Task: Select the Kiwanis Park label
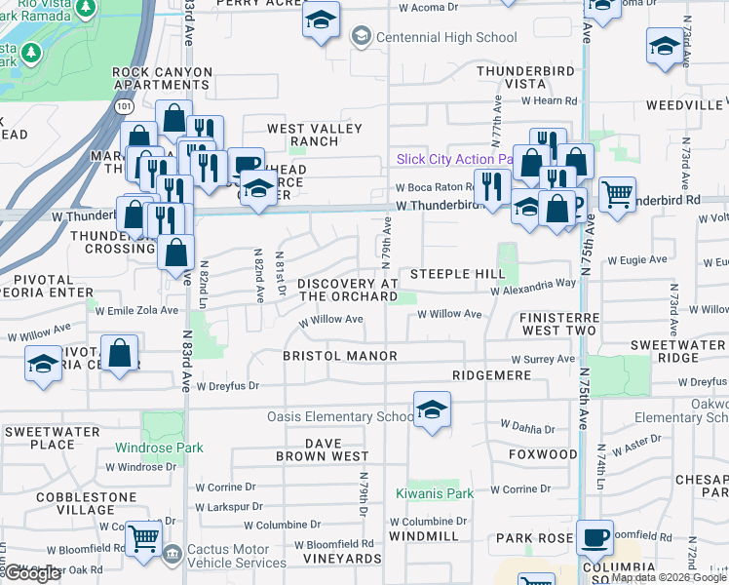(434, 493)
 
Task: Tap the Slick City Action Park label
(454, 159)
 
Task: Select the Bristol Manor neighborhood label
(340, 356)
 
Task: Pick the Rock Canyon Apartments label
(163, 78)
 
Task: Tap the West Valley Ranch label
(314, 135)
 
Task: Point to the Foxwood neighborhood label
(543, 454)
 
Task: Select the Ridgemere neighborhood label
(490, 374)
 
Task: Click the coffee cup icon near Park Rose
(594, 536)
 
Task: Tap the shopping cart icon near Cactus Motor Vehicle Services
(144, 537)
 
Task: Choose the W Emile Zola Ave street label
(137, 310)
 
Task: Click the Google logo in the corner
(32, 573)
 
